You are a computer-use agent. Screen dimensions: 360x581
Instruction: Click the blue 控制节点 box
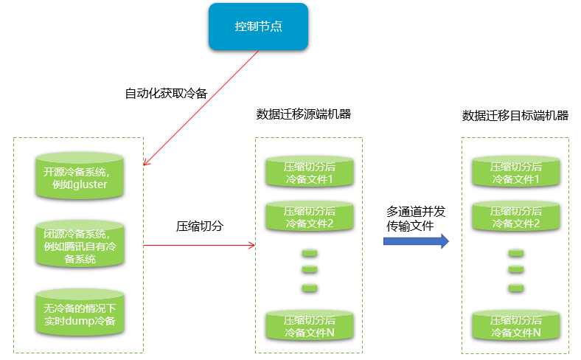click(258, 27)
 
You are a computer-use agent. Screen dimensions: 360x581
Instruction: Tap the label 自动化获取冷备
click(166, 94)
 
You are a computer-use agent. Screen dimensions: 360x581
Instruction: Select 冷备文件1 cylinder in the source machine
click(310, 173)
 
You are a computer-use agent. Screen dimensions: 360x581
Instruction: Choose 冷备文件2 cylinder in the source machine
click(310, 217)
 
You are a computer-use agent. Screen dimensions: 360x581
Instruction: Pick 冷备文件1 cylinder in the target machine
click(515, 173)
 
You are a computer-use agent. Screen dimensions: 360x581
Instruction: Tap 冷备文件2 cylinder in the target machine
click(515, 217)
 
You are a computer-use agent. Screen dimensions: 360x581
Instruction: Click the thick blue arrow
click(416, 241)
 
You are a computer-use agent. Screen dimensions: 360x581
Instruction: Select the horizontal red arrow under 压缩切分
click(199, 245)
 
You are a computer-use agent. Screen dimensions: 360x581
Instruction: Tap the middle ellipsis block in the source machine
click(310, 270)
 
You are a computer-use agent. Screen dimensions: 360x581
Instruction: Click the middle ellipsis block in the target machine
click(515, 270)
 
